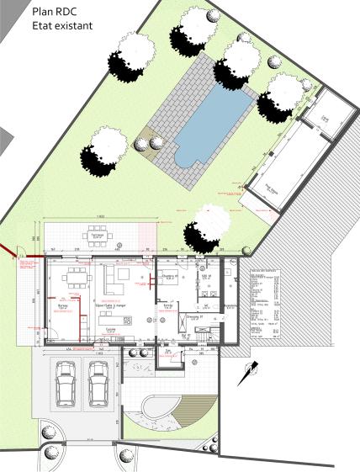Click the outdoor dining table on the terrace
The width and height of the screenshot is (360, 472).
click(97, 236)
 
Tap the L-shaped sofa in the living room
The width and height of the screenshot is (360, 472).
click(114, 278)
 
